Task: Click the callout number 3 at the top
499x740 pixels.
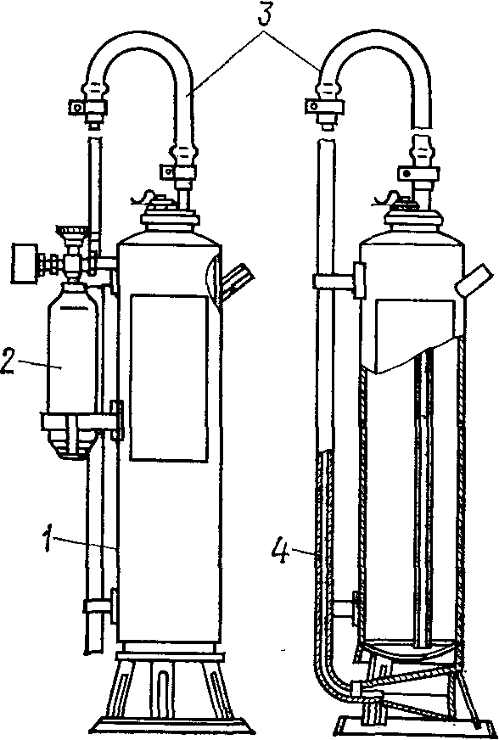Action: coord(266,14)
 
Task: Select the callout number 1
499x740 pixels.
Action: coord(47,539)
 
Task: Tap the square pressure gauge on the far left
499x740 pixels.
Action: coord(25,262)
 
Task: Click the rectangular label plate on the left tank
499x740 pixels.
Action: coord(169,378)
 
